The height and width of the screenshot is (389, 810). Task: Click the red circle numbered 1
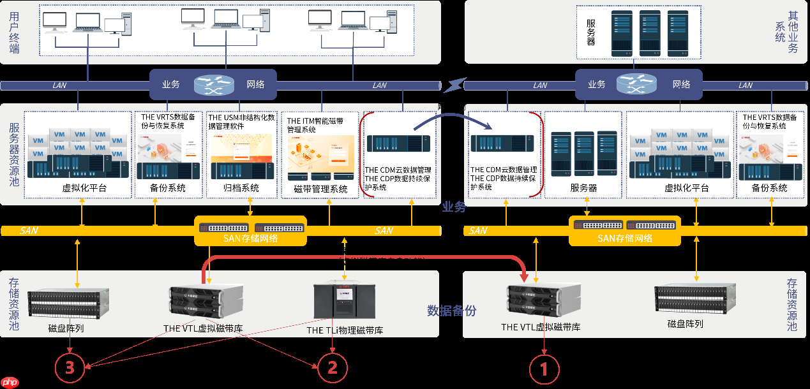pos(545,369)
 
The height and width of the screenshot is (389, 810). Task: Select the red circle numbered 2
pos(332,368)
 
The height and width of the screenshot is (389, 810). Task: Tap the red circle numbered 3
pos(70,368)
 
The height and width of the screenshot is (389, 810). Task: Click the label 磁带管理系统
pos(321,189)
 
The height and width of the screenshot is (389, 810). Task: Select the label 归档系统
pos(241,188)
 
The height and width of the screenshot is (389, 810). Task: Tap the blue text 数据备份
pos(451,311)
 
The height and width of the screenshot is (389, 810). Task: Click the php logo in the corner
pos(10,382)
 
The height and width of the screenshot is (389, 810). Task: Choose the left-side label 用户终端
pos(14,32)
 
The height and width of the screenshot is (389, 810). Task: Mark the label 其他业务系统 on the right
pos(786,32)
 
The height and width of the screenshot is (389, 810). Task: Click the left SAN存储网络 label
pos(250,239)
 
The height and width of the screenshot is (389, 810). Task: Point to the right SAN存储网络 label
pos(625,239)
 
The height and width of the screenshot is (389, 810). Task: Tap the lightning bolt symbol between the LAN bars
pos(453,85)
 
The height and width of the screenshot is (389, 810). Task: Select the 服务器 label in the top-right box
pos(591,32)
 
